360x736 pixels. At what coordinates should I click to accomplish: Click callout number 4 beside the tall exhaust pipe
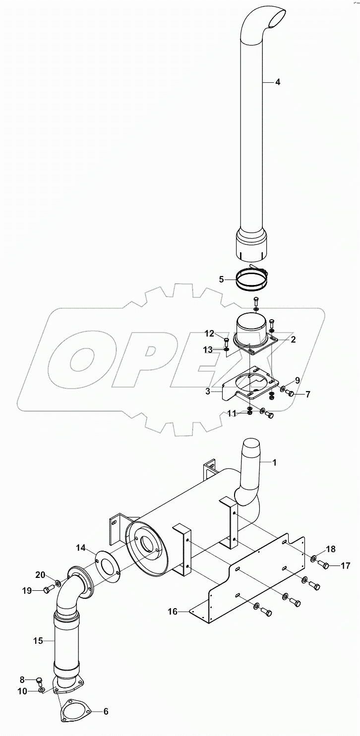point(278,82)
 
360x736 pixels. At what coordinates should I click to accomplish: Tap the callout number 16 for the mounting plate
point(173,612)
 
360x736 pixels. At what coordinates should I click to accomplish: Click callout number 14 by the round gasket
point(81,548)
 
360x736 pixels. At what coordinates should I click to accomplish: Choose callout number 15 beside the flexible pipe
point(39,641)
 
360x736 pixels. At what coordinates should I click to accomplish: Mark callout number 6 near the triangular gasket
point(105,712)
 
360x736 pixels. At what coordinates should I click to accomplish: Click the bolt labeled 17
point(325,566)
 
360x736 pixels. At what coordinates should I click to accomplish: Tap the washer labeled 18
point(314,560)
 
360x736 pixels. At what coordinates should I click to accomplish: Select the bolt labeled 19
point(48,590)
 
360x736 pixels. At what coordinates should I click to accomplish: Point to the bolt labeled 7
point(292,394)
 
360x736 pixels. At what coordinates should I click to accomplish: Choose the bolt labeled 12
point(227,341)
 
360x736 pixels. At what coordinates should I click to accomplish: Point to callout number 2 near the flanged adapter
point(293,340)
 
